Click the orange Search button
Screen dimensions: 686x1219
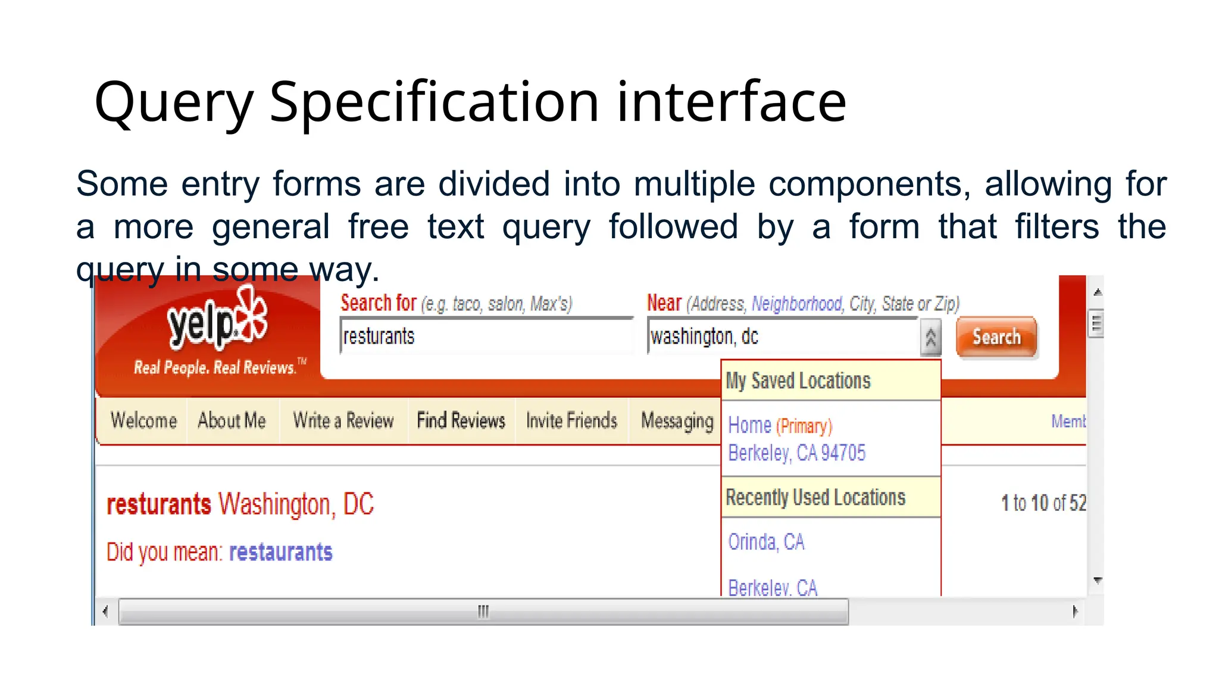(996, 337)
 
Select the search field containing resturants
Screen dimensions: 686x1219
(485, 336)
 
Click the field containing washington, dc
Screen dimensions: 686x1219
(783, 336)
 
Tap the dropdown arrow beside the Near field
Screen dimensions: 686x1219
(930, 338)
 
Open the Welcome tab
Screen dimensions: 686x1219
(143, 420)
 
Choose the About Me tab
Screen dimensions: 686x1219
(232, 420)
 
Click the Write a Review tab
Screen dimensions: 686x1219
(343, 420)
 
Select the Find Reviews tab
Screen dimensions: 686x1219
(461, 420)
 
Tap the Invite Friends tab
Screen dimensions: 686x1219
(571, 420)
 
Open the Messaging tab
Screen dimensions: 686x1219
(677, 420)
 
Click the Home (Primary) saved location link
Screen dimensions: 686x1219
(780, 426)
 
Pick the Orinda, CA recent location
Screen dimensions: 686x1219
(766, 542)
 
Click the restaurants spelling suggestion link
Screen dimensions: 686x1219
(280, 552)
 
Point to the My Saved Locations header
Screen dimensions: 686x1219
(798, 381)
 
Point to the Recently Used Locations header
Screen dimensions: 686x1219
(815, 497)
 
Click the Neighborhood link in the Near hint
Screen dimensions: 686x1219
(797, 304)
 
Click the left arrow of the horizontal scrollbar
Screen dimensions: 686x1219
(105, 612)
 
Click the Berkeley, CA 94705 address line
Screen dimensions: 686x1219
(796, 453)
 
